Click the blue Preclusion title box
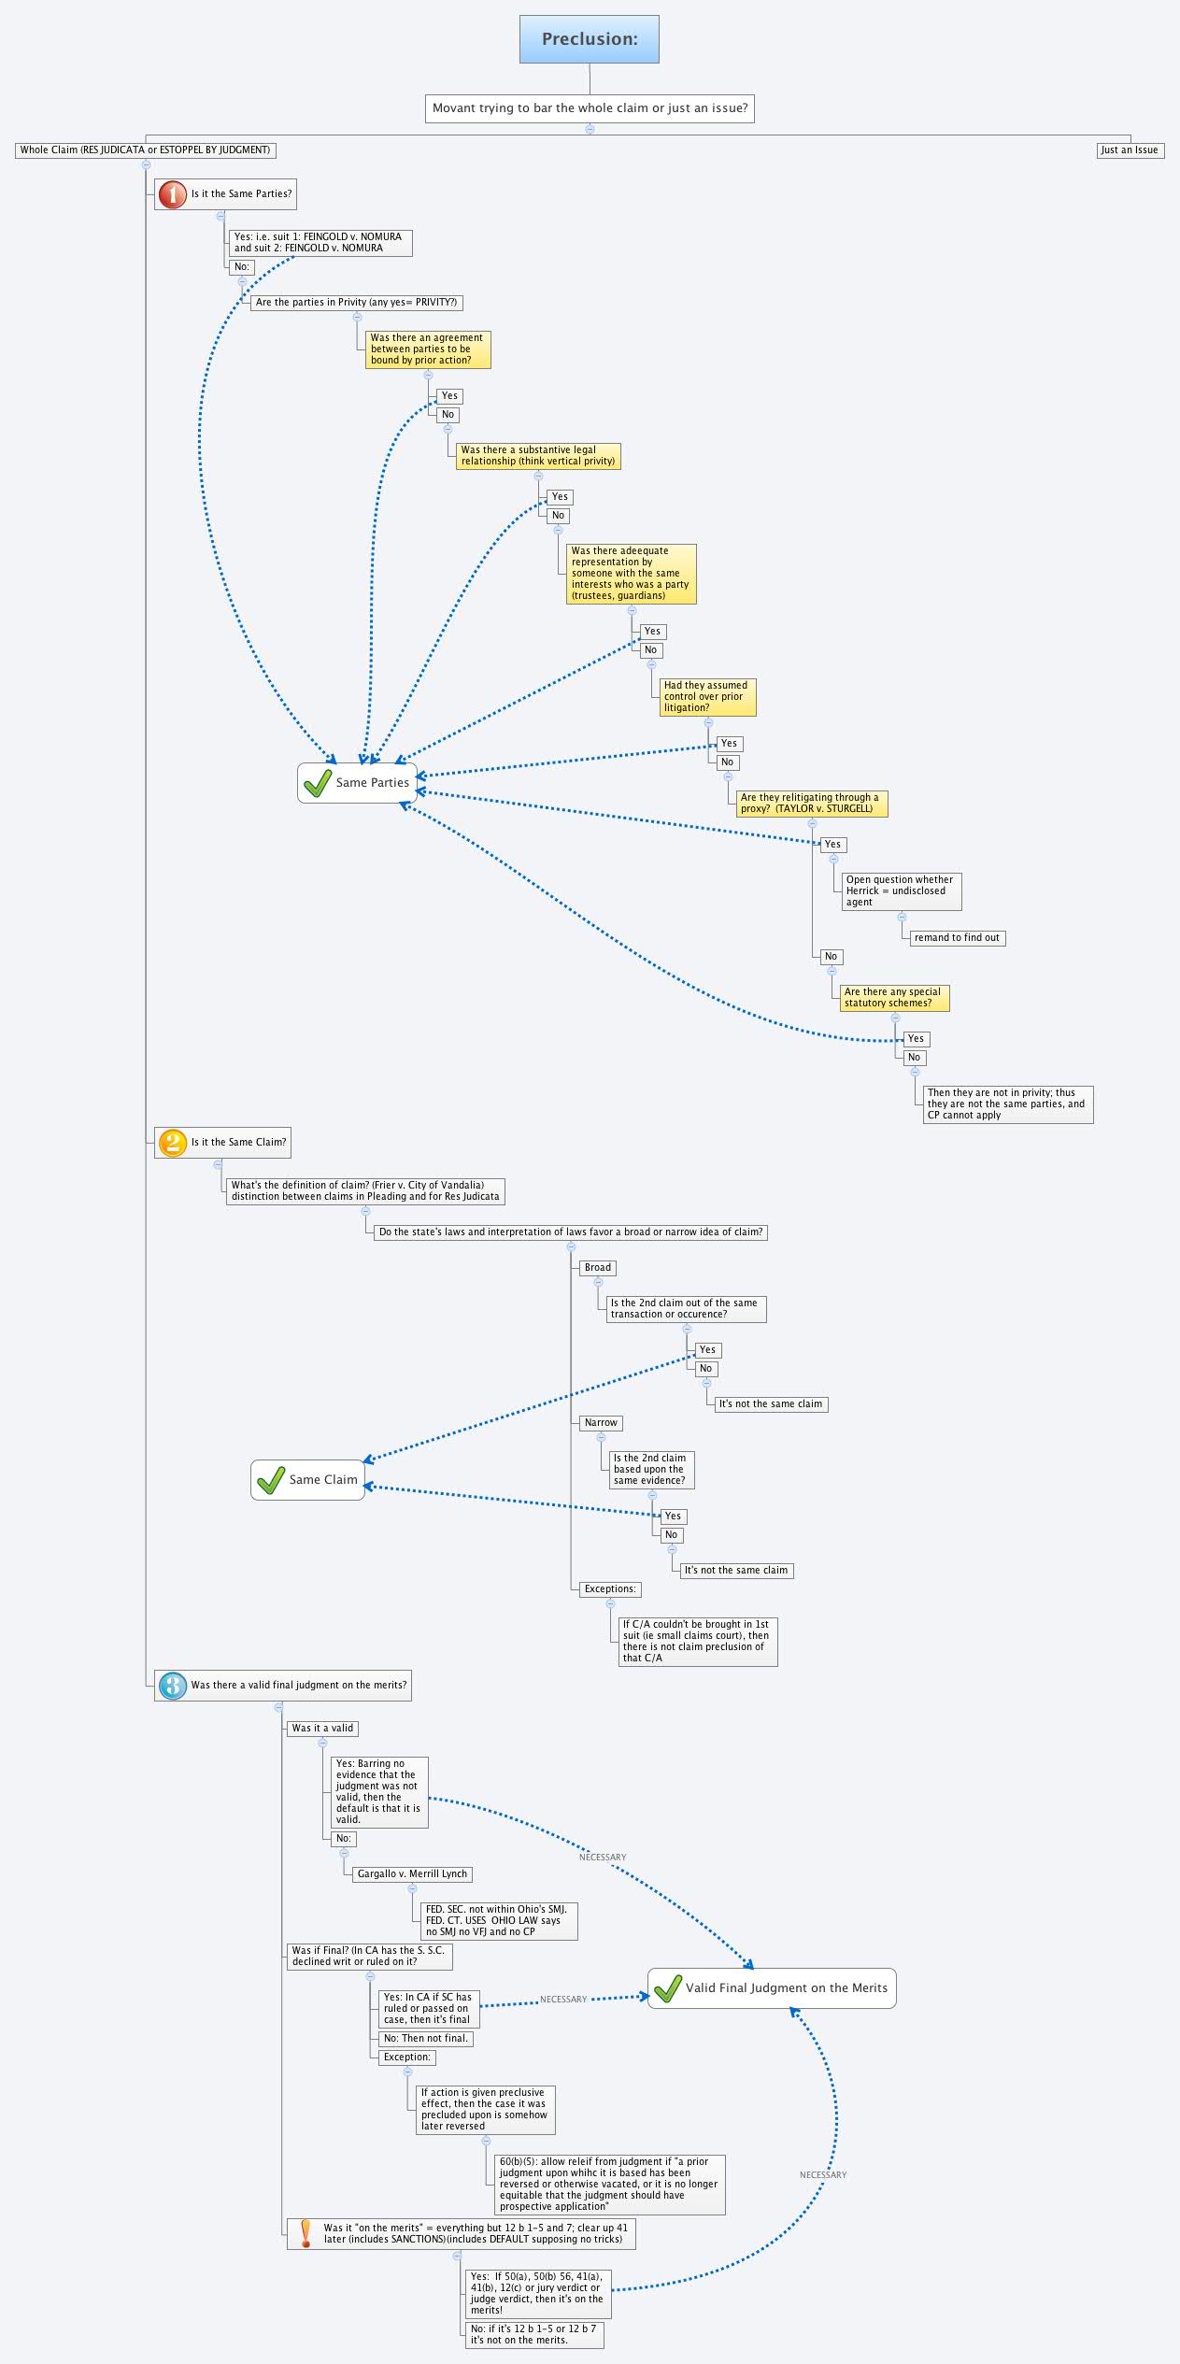(590, 39)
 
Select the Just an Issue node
(1130, 150)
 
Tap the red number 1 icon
(172, 194)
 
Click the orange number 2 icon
(172, 1143)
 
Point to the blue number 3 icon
(172, 1685)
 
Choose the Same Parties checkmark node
(358, 782)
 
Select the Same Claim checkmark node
(307, 1479)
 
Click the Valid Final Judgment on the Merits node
(772, 1987)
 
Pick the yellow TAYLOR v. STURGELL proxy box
(811, 804)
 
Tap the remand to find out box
(957, 937)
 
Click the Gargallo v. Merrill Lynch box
(412, 1873)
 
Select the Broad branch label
(598, 1268)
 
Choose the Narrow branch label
(601, 1423)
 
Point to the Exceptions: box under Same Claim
(610, 1588)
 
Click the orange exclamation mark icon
(306, 2233)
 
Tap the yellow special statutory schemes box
(893, 998)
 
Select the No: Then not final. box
(426, 2038)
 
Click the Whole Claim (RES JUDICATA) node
(145, 150)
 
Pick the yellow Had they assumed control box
(706, 697)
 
